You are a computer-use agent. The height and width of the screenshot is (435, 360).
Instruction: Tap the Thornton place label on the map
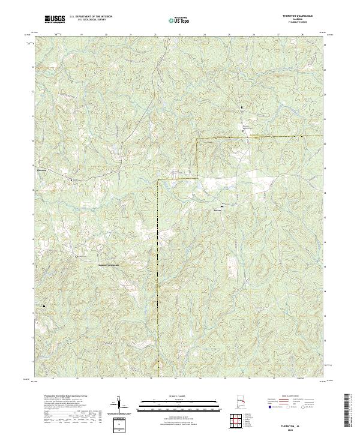point(42,169)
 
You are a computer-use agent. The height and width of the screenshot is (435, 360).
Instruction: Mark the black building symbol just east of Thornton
point(71,179)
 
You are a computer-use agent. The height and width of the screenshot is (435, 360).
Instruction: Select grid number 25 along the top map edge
point(229,35)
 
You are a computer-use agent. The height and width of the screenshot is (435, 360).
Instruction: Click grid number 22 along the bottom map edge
point(151,379)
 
